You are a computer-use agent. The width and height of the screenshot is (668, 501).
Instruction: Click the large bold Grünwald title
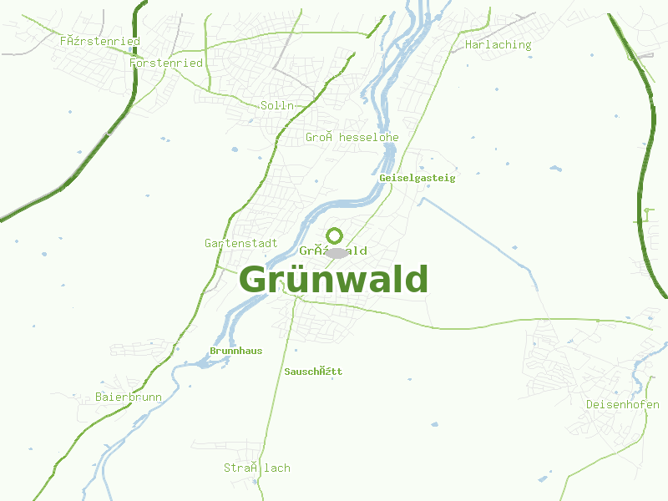[x=333, y=281]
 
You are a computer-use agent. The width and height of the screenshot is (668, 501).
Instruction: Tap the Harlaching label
[x=498, y=45]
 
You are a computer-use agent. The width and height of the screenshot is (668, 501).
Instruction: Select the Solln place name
[x=277, y=105]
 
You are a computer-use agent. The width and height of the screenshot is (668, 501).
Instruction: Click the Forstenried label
[x=166, y=63]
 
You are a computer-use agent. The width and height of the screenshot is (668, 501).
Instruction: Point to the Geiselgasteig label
[x=417, y=178]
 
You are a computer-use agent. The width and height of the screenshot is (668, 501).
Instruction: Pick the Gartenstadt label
[x=240, y=243]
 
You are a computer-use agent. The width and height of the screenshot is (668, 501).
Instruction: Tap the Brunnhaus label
[x=235, y=351]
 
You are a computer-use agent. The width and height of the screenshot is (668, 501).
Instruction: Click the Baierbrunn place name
[x=129, y=397]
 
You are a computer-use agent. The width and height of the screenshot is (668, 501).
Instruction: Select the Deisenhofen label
[x=622, y=404]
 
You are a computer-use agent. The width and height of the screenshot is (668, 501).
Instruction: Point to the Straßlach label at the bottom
[x=256, y=468]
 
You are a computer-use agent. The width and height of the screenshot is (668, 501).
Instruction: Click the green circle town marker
[x=334, y=235]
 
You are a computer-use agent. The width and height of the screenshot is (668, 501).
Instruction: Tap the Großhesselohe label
[x=352, y=137]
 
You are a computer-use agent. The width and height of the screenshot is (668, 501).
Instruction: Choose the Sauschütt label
[x=313, y=371]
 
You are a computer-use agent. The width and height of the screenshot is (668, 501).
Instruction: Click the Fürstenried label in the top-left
[x=99, y=40]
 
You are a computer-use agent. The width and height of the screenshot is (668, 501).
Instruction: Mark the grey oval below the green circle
[x=336, y=252]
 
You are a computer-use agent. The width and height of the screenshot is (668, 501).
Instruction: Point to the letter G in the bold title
[x=255, y=281]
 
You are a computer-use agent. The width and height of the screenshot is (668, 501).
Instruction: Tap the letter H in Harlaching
[x=468, y=45]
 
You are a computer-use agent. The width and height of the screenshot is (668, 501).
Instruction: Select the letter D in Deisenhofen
[x=590, y=404]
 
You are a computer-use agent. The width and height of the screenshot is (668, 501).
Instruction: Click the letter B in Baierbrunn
[x=99, y=397]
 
